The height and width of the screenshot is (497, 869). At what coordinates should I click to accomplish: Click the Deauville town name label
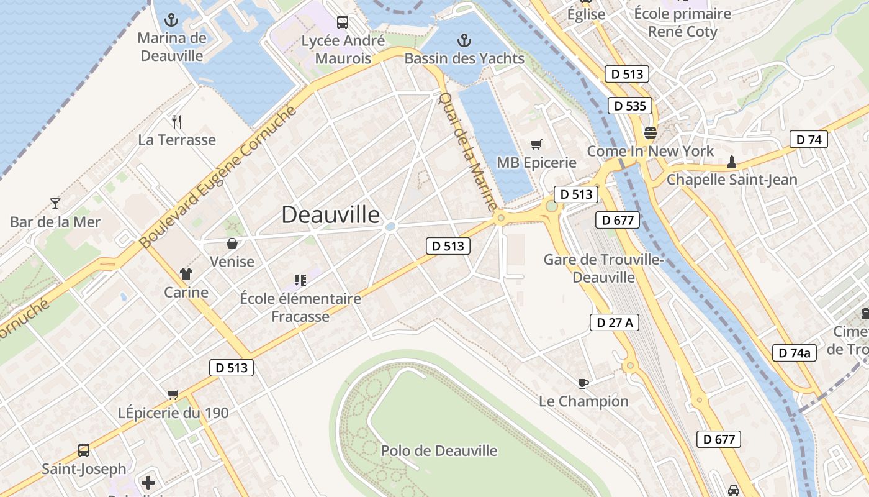tap(330, 214)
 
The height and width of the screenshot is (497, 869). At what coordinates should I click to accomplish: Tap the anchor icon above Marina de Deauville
tap(171, 21)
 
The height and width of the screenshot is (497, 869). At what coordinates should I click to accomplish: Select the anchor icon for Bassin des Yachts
tap(464, 41)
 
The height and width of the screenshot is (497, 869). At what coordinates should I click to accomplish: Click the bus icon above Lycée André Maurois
tap(343, 22)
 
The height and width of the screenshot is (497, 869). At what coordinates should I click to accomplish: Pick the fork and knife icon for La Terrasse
tap(177, 121)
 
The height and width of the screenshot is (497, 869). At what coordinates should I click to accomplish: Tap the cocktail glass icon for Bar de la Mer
tap(55, 203)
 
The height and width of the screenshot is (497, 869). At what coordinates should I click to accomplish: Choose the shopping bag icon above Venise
tap(232, 243)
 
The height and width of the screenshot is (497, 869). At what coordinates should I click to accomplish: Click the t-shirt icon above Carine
tap(186, 273)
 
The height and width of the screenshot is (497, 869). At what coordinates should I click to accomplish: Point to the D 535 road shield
tap(629, 106)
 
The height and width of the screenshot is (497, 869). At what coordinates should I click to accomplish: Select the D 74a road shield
tap(795, 353)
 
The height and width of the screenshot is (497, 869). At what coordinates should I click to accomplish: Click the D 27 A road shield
tap(614, 322)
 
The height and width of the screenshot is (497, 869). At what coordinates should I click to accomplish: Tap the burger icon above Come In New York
tap(651, 133)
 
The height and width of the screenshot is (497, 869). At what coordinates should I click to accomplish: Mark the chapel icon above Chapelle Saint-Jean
tap(732, 162)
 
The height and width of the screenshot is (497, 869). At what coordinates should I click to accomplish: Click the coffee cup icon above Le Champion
tap(583, 383)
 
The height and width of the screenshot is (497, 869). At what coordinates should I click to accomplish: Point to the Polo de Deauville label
tap(439, 450)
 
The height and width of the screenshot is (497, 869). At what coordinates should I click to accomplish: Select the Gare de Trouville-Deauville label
tap(603, 268)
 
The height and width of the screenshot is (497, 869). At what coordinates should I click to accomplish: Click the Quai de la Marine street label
tap(467, 151)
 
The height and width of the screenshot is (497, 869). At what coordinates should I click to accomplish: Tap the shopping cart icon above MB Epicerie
tap(536, 144)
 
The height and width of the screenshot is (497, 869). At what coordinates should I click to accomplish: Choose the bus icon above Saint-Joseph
tap(84, 450)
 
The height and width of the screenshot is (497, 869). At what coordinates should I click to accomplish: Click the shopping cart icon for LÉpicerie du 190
tap(173, 394)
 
